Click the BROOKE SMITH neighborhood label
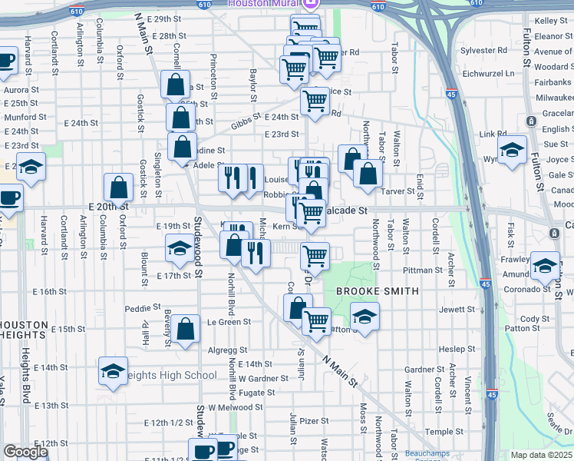click(x=376, y=291)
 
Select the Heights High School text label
click(x=170, y=375)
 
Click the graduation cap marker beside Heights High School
click(x=113, y=372)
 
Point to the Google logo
click(x=25, y=452)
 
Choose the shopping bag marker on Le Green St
click(x=186, y=329)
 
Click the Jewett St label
click(x=457, y=309)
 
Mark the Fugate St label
click(x=252, y=392)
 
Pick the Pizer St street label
click(x=314, y=421)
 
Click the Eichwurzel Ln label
click(x=488, y=74)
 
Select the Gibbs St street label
click(x=243, y=124)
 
